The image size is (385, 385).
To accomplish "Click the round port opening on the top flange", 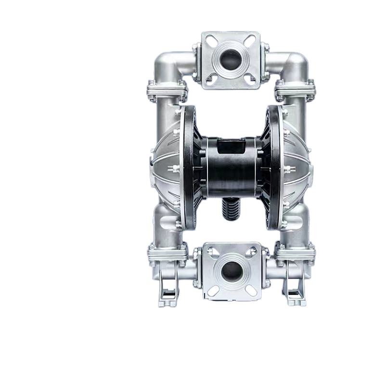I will (x=231, y=60).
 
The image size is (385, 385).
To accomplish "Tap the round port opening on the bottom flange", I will (x=231, y=272).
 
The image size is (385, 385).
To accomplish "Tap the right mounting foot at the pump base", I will (x=294, y=289).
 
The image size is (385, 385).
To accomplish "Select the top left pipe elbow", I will (x=166, y=65).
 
